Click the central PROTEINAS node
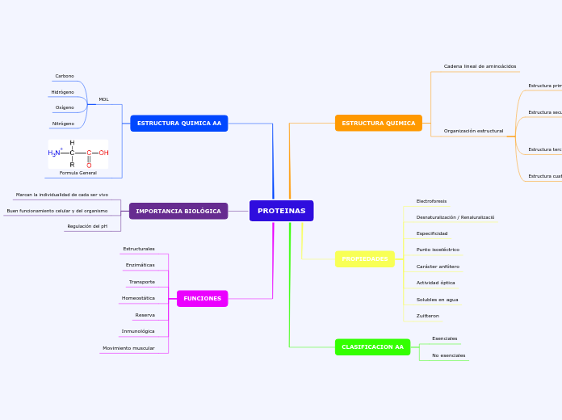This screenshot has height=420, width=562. [281, 211]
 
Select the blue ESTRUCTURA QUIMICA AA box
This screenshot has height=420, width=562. [178, 124]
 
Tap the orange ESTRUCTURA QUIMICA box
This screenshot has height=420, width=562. [378, 124]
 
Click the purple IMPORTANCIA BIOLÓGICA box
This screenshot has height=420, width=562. [178, 211]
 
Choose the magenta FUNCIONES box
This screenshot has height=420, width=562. [202, 299]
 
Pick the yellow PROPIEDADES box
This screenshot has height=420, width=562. [364, 259]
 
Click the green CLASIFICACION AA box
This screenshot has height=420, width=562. [372, 347]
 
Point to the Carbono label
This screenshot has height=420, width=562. [65, 76]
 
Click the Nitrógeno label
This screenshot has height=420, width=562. [63, 124]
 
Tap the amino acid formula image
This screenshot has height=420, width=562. [78, 153]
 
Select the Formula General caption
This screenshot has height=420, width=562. [78, 173]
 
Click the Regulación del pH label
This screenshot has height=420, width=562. [87, 226]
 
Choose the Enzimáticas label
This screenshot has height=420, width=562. [140, 265]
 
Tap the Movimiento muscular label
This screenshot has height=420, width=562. [128, 348]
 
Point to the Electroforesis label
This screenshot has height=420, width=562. [431, 201]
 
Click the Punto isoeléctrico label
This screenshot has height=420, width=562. [438, 250]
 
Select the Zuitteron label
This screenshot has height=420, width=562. [427, 316]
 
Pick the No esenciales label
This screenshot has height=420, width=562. [448, 355]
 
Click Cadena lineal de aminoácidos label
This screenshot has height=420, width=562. [480, 66]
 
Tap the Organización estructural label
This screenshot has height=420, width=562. [473, 131]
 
